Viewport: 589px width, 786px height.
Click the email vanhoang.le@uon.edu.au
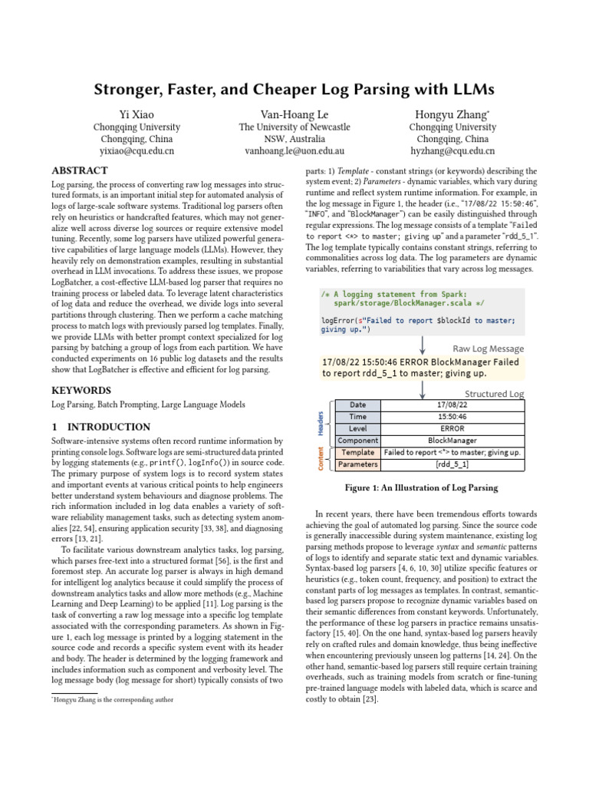point(294,152)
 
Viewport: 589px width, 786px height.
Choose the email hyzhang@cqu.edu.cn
point(452,152)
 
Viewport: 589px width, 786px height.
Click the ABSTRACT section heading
point(80,170)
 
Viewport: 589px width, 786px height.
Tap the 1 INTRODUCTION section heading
point(100,427)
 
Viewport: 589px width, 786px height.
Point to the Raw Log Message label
point(488,348)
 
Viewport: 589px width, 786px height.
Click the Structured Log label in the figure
point(494,394)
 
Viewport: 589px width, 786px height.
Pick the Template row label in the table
point(357,453)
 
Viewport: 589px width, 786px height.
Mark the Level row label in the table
point(357,428)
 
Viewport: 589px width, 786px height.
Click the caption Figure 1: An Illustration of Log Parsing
point(421,487)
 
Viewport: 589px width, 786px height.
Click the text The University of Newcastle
point(294,127)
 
